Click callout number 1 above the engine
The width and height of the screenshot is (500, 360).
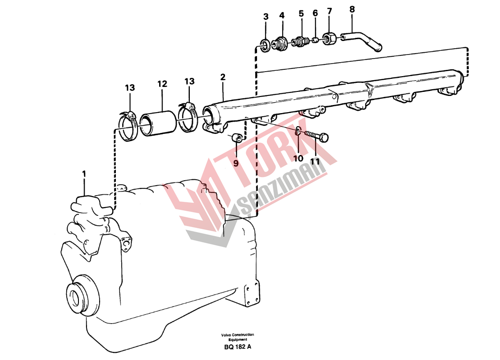84,174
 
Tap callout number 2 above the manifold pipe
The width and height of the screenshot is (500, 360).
223,77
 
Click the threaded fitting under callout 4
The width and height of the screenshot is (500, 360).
280,43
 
